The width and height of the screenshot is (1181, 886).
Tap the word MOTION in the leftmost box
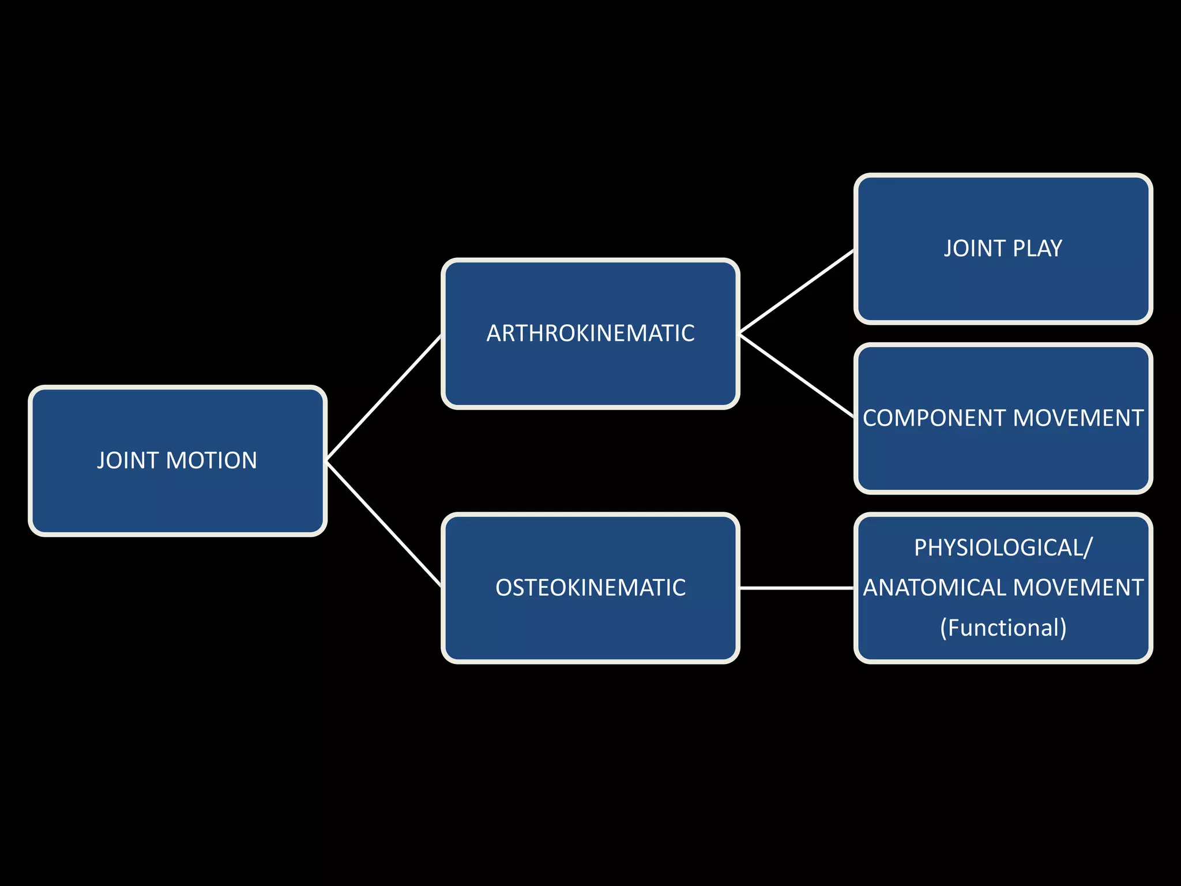coord(211,460)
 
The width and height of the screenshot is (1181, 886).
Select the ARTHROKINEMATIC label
coord(590,333)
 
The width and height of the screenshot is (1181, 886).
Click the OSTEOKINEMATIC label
coord(590,588)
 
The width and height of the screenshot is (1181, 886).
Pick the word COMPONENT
coord(934,418)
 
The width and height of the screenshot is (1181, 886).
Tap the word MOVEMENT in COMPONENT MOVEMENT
coord(1077,418)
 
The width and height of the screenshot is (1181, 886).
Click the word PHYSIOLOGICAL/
coord(1003,547)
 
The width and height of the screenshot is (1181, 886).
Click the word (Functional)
coord(1003,628)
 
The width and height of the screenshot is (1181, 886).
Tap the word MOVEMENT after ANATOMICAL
coord(1077,588)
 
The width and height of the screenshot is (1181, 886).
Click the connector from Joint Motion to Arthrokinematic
coord(383,398)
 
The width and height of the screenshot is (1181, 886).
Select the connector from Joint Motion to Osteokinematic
coord(383,524)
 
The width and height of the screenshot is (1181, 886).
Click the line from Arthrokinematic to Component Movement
coord(796,376)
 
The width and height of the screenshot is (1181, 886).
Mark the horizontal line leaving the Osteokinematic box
coord(796,588)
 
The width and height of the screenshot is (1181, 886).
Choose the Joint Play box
coord(1003,288)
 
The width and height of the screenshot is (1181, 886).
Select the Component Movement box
coord(1003,461)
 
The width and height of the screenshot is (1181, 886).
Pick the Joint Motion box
coord(178,502)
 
